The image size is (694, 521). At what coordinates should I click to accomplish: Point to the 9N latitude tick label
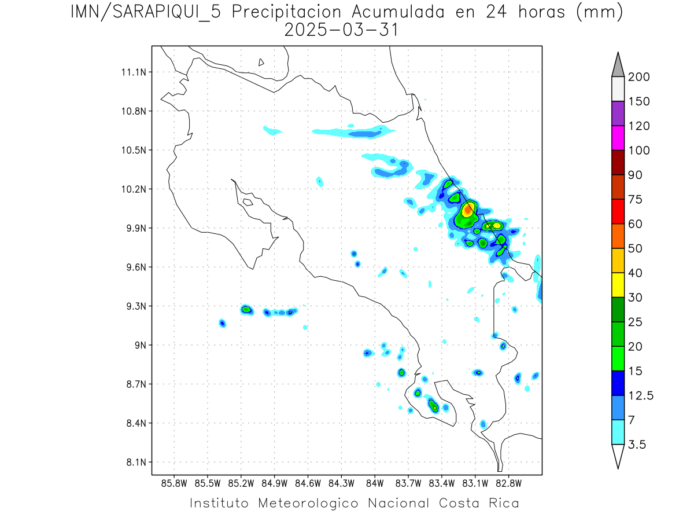pos(139,345)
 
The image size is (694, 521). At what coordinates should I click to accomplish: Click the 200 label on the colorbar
pos(638,77)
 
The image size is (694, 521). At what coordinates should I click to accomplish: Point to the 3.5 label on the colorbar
pos(637,445)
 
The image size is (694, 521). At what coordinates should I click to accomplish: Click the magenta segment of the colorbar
pos(618,138)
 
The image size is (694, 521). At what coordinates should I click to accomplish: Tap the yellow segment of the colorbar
pos(618,285)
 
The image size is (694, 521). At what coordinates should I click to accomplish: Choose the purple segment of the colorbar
pos(618,113)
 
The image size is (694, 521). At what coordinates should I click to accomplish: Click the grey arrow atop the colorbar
pos(618,65)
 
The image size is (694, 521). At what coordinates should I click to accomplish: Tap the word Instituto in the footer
pos(219,503)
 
